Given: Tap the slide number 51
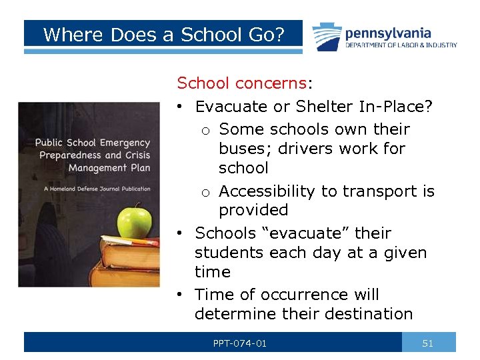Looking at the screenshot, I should click(x=428, y=343).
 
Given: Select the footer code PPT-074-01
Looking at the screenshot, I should click(x=240, y=343).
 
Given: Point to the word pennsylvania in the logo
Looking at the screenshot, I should click(x=388, y=33).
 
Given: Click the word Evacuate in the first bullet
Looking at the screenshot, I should click(x=228, y=106).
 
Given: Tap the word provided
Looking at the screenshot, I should click(x=253, y=210).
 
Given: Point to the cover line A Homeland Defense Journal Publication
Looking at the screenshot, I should click(x=97, y=189).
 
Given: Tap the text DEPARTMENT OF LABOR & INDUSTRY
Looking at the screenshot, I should click(x=401, y=45).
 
